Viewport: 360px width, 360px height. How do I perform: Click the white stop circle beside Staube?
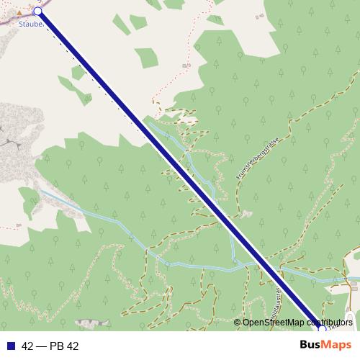[37, 11]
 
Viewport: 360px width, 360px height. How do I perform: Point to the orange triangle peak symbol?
[19, 12]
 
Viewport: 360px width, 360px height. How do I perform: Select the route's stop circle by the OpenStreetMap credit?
[322, 330]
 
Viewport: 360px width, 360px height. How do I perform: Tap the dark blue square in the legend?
[10, 346]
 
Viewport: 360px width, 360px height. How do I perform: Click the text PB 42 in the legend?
[63, 346]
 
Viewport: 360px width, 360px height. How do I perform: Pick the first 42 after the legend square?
[28, 346]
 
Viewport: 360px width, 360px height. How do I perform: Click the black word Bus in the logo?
[311, 345]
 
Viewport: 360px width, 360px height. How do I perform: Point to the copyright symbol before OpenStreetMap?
[238, 323]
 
